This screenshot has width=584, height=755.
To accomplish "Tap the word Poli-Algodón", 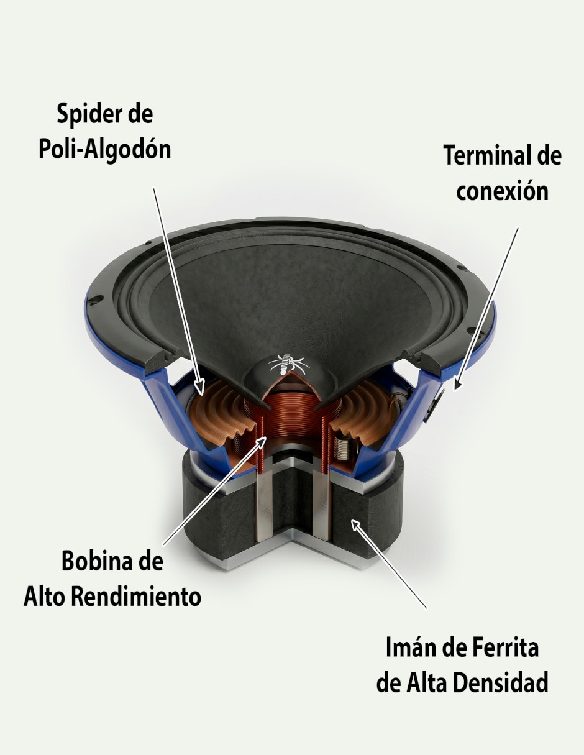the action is tap(104, 150).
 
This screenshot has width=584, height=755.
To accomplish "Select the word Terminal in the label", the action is tap(485, 156).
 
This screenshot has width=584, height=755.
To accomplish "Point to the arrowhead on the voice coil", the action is tap(261, 442).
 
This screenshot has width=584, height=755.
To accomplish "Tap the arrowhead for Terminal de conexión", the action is tap(457, 385).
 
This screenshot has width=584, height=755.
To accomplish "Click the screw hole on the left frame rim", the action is tap(95, 299).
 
